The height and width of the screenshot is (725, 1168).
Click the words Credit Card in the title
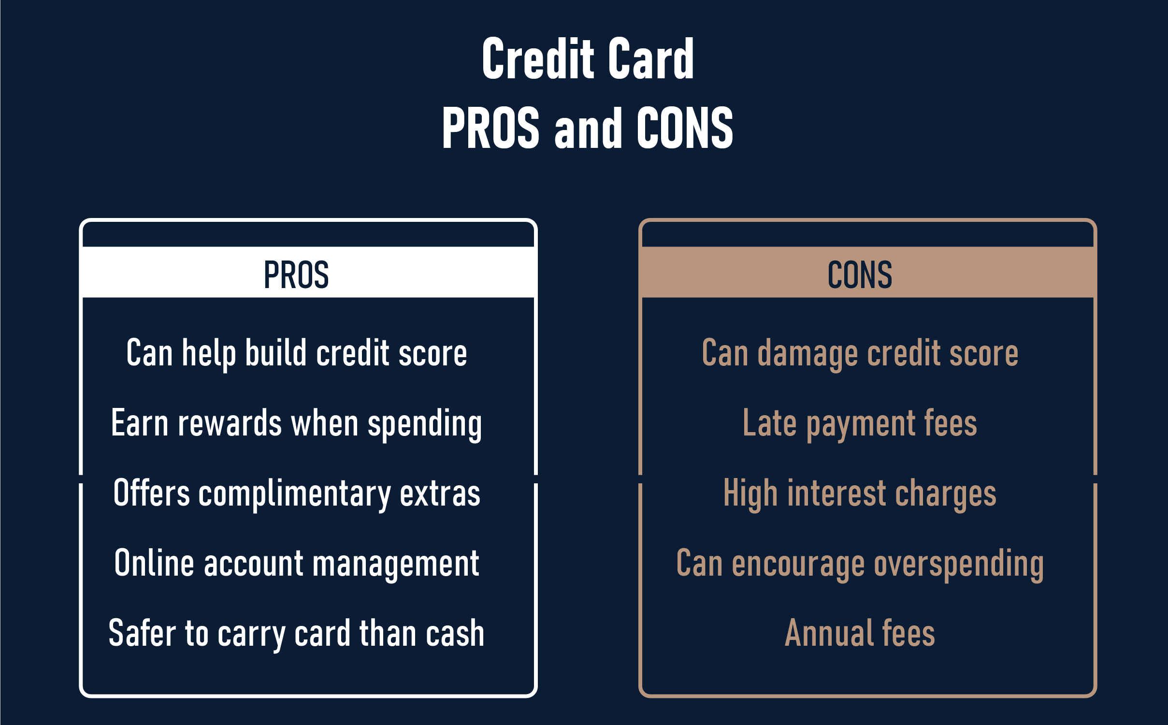588,59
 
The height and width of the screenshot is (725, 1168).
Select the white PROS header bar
308,273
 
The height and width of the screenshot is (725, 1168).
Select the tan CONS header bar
867,273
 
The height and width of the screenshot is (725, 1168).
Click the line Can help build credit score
297,353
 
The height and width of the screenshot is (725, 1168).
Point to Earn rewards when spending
297,423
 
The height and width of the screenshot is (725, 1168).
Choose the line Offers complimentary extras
297,493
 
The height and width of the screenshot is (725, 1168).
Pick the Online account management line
297,564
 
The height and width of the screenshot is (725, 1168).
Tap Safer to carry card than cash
297,634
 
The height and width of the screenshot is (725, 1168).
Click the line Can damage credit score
860,353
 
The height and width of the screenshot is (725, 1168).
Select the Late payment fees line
860,423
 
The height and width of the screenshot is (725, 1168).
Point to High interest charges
860,493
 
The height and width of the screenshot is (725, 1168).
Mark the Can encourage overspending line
860,564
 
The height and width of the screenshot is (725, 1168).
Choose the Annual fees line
860,634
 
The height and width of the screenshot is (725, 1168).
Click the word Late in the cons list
770,423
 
